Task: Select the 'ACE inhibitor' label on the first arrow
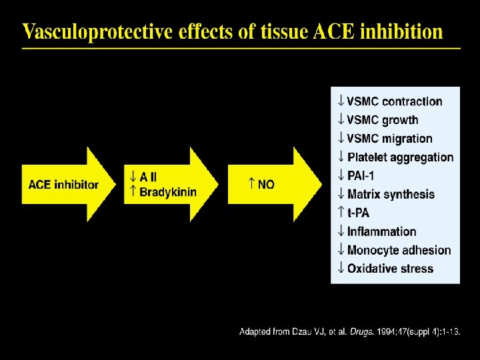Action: click(x=63, y=185)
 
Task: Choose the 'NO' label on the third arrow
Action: click(x=266, y=185)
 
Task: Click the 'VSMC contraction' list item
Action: click(x=394, y=101)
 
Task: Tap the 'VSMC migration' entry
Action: click(x=389, y=139)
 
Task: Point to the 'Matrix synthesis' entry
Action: click(x=391, y=194)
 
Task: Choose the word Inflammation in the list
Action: click(x=381, y=231)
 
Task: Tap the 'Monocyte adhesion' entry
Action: click(x=399, y=250)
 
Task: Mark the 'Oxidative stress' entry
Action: click(x=390, y=269)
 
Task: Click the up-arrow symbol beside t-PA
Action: click(x=340, y=213)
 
